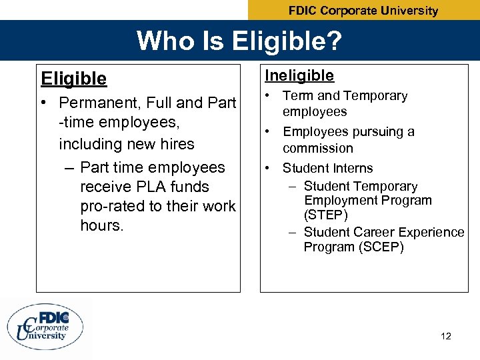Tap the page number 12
point(446,336)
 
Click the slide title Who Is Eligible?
point(239,41)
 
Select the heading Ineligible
point(299,76)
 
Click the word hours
point(101,225)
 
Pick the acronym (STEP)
point(326,215)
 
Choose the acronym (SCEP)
point(380,247)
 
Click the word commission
point(317,148)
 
